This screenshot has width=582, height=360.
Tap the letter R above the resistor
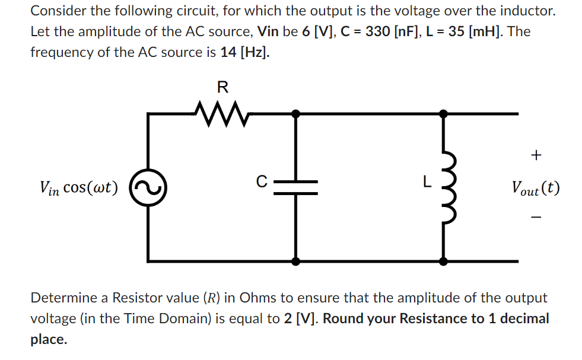pos(222,88)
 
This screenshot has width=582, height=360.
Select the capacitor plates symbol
pos(297,187)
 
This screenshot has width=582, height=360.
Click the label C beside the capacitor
pos(262,181)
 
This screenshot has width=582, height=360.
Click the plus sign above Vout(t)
pos(536,156)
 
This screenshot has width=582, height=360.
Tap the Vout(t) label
pos(535,188)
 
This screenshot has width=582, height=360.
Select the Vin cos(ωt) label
pos(78,188)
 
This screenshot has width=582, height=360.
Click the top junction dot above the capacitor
pos(297,113)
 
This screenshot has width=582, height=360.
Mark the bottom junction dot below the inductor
pos(443,261)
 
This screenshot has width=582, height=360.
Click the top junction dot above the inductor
pos(443,113)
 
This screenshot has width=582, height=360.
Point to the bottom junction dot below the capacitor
pos(297,261)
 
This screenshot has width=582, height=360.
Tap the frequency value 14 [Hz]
pos(244,52)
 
